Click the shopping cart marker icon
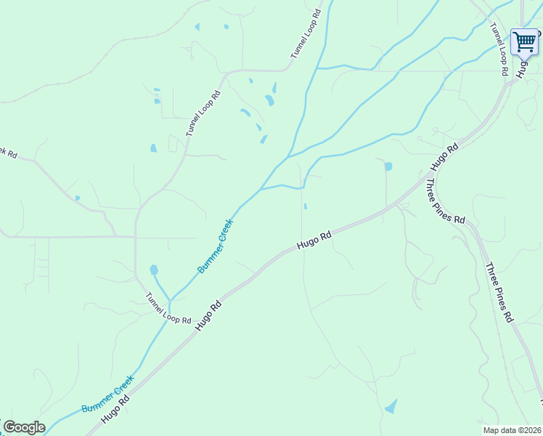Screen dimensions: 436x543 coord(524,41)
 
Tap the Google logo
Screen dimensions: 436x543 coord(24,427)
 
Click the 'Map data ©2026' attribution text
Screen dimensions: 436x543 coord(511,430)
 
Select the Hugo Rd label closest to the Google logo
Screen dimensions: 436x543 coord(115,408)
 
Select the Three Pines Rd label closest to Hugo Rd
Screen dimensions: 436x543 coord(445,201)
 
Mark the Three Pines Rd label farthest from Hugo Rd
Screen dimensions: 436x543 coord(499,292)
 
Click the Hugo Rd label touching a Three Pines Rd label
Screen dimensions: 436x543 coord(444,157)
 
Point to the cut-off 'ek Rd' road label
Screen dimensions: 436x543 coord(7,153)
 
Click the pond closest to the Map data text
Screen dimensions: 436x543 coord(391,406)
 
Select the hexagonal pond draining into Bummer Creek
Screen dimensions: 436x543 coord(154,270)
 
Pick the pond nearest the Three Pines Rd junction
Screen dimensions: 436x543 coord(388,166)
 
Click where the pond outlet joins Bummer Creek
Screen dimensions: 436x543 coord(170,299)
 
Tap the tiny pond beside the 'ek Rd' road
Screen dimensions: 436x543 coord(77,198)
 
